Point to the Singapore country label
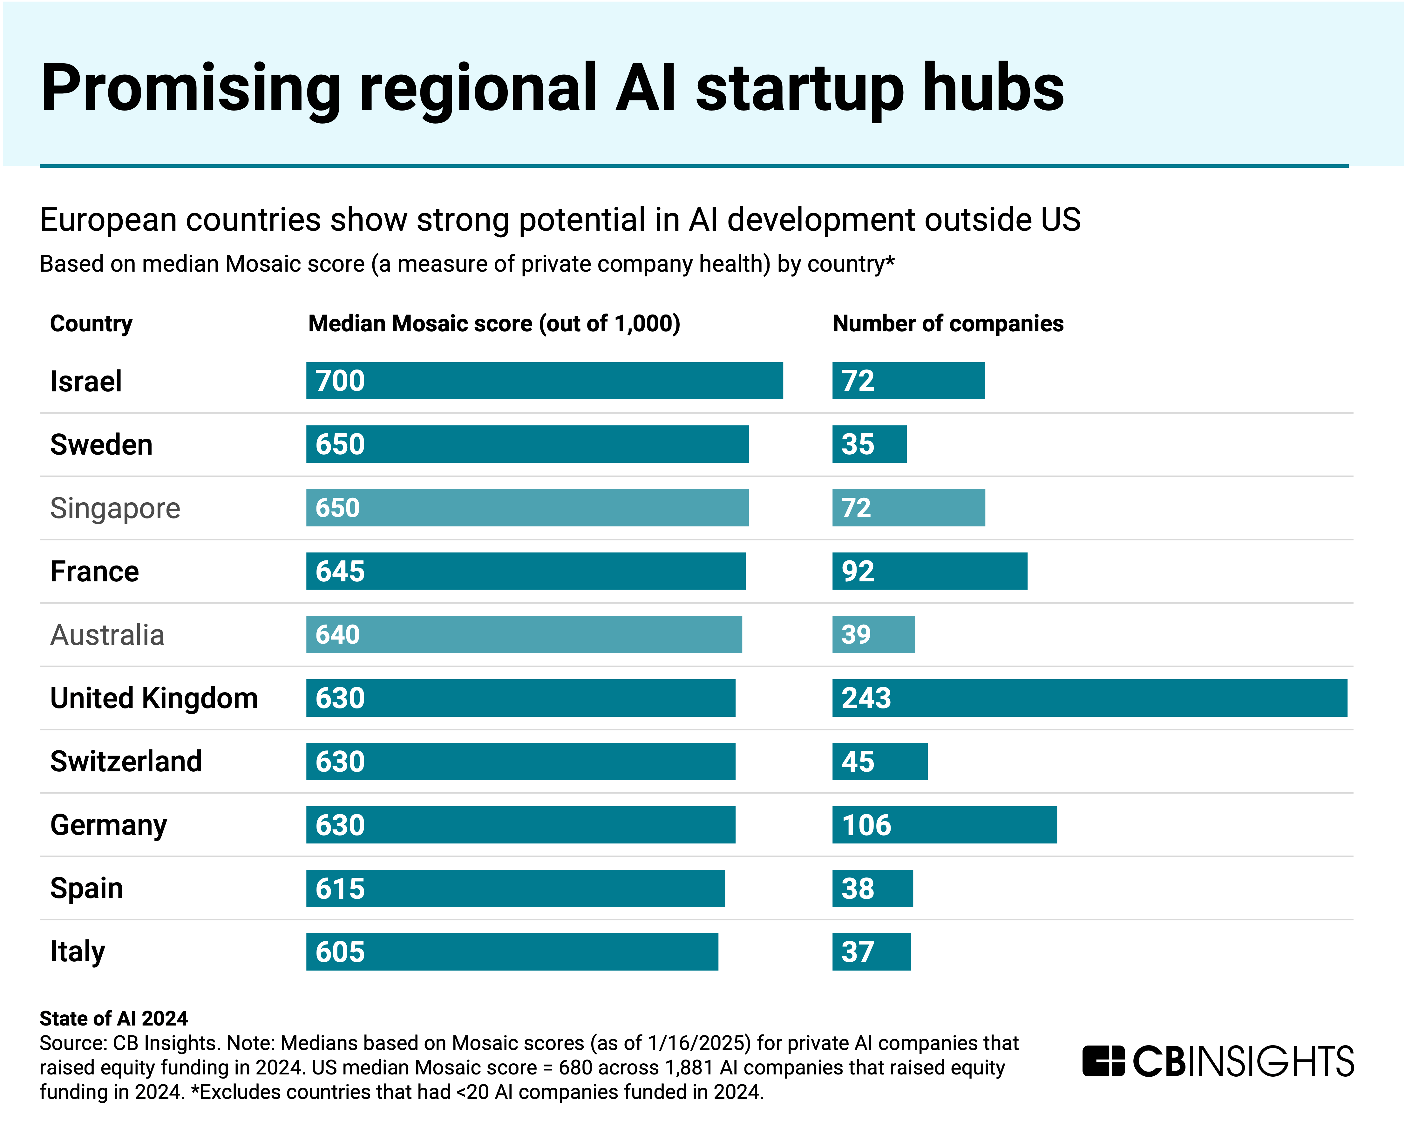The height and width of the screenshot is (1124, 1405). (x=115, y=508)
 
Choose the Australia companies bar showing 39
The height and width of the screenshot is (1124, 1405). (x=873, y=635)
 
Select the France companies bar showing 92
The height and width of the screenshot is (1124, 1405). (x=929, y=572)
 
